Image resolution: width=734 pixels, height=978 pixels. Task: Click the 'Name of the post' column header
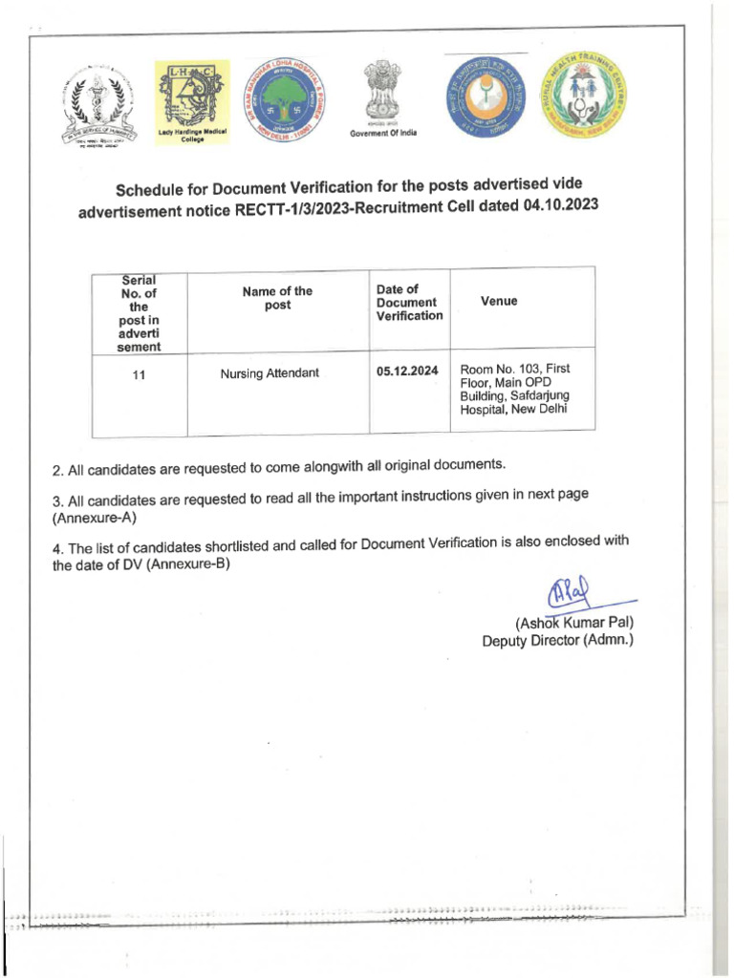[277, 298]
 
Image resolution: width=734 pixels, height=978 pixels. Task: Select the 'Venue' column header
[499, 301]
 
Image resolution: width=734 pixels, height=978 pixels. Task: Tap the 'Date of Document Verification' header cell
[409, 302]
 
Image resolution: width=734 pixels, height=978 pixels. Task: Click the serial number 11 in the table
[140, 375]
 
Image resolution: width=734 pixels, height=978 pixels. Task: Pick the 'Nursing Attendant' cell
[270, 373]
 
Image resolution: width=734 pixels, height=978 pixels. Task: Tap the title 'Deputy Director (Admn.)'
[557, 641]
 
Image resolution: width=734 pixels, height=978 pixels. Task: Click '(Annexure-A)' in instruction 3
[96, 518]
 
